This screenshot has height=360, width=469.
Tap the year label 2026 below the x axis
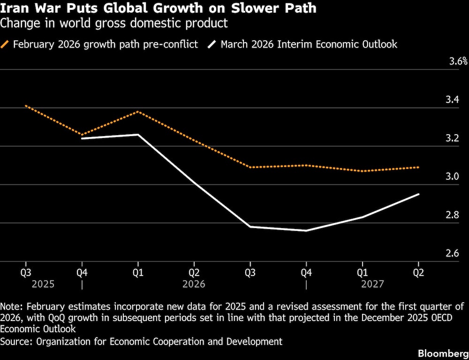[194, 284]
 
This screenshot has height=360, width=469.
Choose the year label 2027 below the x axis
[372, 284]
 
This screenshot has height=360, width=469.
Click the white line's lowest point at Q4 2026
[306, 230]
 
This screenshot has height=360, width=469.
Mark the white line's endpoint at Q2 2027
[419, 194]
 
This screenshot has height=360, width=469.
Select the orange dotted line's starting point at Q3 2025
[26, 106]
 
